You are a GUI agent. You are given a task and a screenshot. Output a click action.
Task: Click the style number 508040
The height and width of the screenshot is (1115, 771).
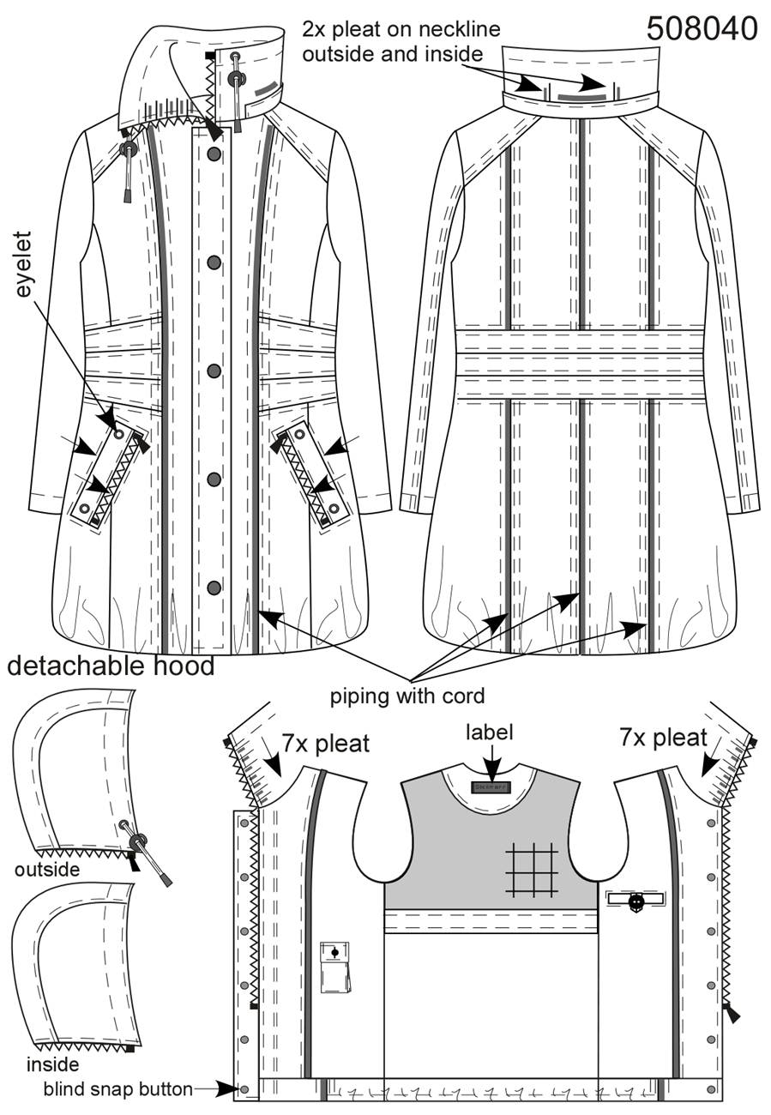pos(702,29)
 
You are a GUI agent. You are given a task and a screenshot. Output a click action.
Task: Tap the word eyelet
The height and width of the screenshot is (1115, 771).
pos(23,264)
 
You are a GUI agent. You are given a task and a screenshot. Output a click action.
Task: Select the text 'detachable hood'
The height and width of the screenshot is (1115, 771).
pos(111,666)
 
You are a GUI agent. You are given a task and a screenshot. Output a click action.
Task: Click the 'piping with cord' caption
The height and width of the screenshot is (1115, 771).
pos(407,696)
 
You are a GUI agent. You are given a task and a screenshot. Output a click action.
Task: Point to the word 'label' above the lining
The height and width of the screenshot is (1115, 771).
pos(490,732)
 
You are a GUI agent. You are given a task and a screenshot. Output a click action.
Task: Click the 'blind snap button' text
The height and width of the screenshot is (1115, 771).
pos(118,1089)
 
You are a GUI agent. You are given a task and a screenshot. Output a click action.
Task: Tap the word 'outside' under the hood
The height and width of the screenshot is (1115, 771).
pos(47,870)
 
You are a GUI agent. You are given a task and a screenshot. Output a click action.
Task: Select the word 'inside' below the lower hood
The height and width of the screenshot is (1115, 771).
pos(53,1064)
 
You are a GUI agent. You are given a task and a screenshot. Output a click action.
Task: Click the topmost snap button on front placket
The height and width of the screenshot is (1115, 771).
pos(214,154)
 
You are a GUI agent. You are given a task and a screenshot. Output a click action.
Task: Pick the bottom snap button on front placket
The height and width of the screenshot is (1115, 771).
pos(214,588)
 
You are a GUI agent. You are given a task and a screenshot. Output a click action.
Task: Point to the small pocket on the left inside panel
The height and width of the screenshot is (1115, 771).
pos(335,967)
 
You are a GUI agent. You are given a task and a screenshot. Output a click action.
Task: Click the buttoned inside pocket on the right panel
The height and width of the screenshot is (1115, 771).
pos(635,900)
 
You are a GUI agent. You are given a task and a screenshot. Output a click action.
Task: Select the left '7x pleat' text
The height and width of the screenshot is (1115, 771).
pos(326,744)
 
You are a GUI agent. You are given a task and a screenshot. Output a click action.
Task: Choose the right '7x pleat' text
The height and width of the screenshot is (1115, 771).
pos(663,738)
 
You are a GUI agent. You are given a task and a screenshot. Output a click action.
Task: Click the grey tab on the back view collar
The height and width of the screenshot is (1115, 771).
pos(581,97)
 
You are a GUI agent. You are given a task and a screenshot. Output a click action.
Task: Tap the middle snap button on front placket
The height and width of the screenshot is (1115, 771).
pos(214,371)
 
